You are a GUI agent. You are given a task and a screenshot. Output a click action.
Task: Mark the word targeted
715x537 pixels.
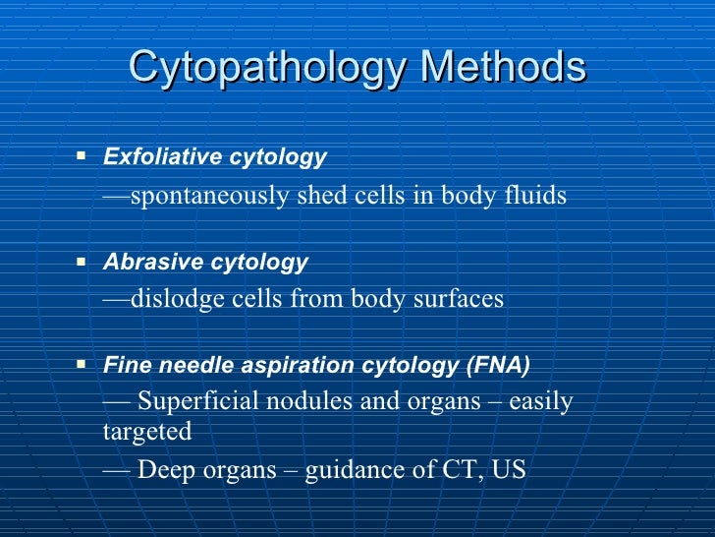[x=146, y=433]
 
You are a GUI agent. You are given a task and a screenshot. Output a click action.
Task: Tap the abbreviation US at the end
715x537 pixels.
[x=509, y=470]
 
